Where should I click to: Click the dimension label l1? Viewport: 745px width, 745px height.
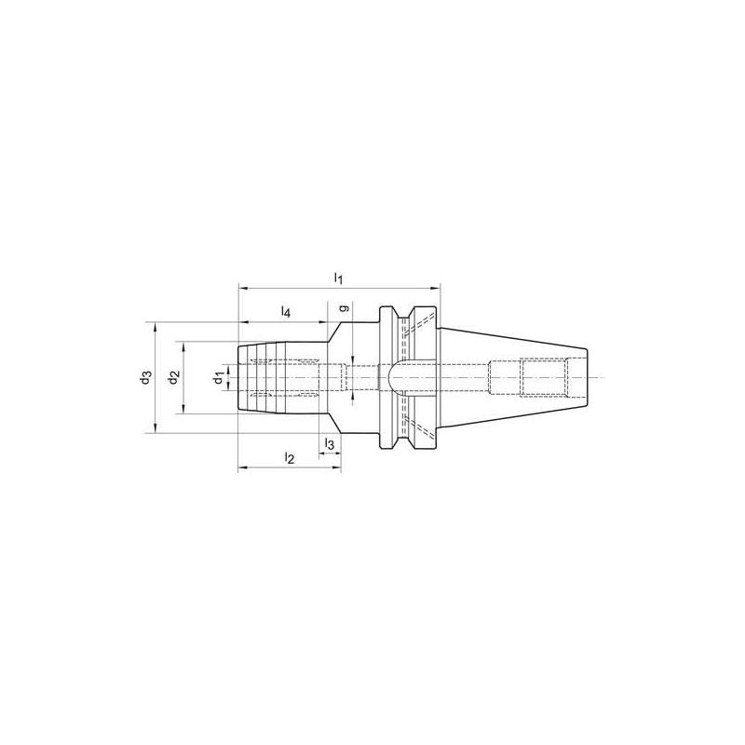coord(340,278)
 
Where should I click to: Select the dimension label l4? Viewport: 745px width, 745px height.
coord(286,312)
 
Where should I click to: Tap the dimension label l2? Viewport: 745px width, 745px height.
coord(289,457)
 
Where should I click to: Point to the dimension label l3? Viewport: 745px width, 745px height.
coord(330,444)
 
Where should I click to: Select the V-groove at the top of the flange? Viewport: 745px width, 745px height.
coord(407,317)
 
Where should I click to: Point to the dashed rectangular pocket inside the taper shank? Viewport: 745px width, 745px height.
coord(542,376)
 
